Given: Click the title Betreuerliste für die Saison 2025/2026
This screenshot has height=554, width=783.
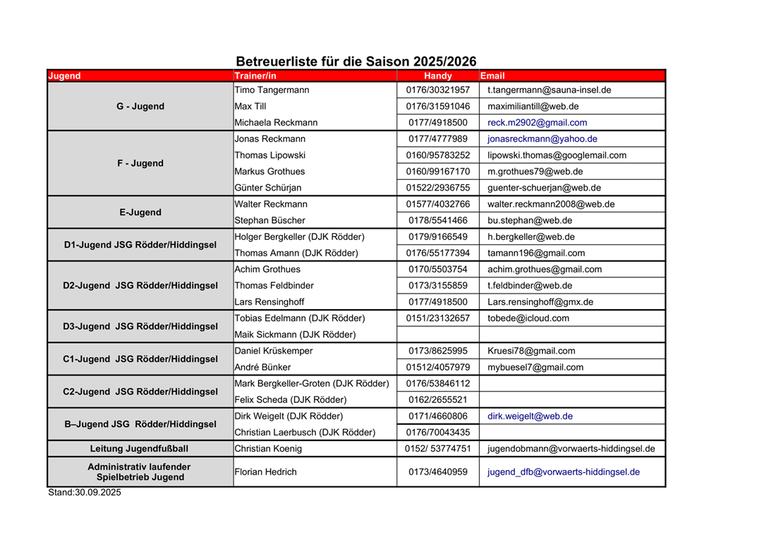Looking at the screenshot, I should point(356,61).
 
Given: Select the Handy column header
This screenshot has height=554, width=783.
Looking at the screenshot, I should point(438,76).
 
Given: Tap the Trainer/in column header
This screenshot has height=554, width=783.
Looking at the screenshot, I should point(255,76).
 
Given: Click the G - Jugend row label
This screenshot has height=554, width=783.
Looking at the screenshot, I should point(140,107).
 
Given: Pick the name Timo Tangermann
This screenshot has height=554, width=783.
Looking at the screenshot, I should point(272,90).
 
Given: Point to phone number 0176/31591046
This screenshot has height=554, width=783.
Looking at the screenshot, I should point(438,107).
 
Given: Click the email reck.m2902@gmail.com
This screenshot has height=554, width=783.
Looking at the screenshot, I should point(537,123).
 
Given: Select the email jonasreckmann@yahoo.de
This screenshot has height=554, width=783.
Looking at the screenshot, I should point(542,139).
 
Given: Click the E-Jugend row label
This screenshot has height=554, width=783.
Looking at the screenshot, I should point(140,212).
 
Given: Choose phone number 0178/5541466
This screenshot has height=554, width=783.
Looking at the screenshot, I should point(438,220).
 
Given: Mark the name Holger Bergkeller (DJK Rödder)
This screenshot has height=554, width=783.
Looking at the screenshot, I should point(299,237).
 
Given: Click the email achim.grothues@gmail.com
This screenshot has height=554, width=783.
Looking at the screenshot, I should point(545,270).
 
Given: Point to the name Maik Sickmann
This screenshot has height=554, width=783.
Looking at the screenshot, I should point(295,335).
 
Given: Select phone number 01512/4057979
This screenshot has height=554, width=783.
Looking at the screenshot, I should point(438,367).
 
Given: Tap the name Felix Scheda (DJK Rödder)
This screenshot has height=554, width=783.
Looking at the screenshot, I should point(296,400).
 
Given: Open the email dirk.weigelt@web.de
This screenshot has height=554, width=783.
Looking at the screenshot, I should point(530,416).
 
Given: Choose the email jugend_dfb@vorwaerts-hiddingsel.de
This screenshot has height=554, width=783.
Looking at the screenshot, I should point(564,472).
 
